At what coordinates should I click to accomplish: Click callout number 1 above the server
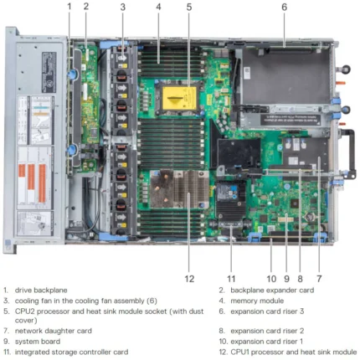[x=69, y=7]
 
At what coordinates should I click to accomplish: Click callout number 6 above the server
[x=284, y=7]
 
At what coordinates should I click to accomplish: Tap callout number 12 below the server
[x=189, y=279]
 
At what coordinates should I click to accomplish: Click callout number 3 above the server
[x=122, y=7]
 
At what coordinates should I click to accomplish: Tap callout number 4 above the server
[x=158, y=7]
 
